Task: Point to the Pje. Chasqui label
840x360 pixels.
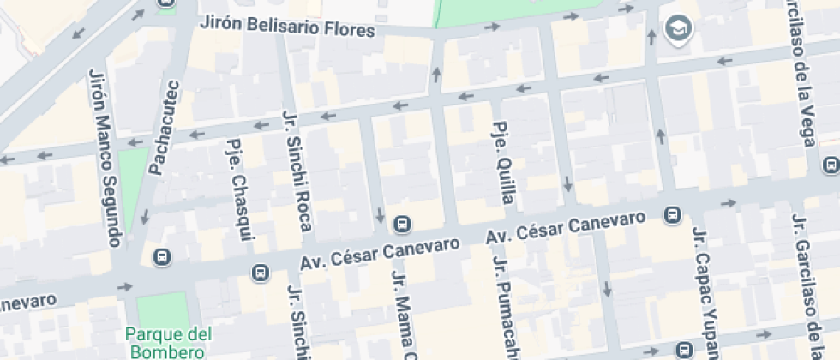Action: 237,190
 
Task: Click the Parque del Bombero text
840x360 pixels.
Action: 167,342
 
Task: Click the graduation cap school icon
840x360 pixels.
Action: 680,27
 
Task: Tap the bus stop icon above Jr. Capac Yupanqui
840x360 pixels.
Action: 674,213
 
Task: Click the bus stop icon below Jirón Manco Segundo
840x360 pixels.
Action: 161,256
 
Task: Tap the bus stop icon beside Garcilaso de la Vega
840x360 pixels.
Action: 830,165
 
